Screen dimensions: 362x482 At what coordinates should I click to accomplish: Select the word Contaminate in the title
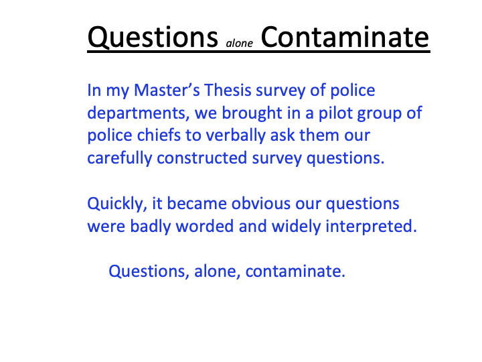tap(345, 38)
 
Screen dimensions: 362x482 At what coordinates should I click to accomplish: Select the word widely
tap(296, 227)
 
